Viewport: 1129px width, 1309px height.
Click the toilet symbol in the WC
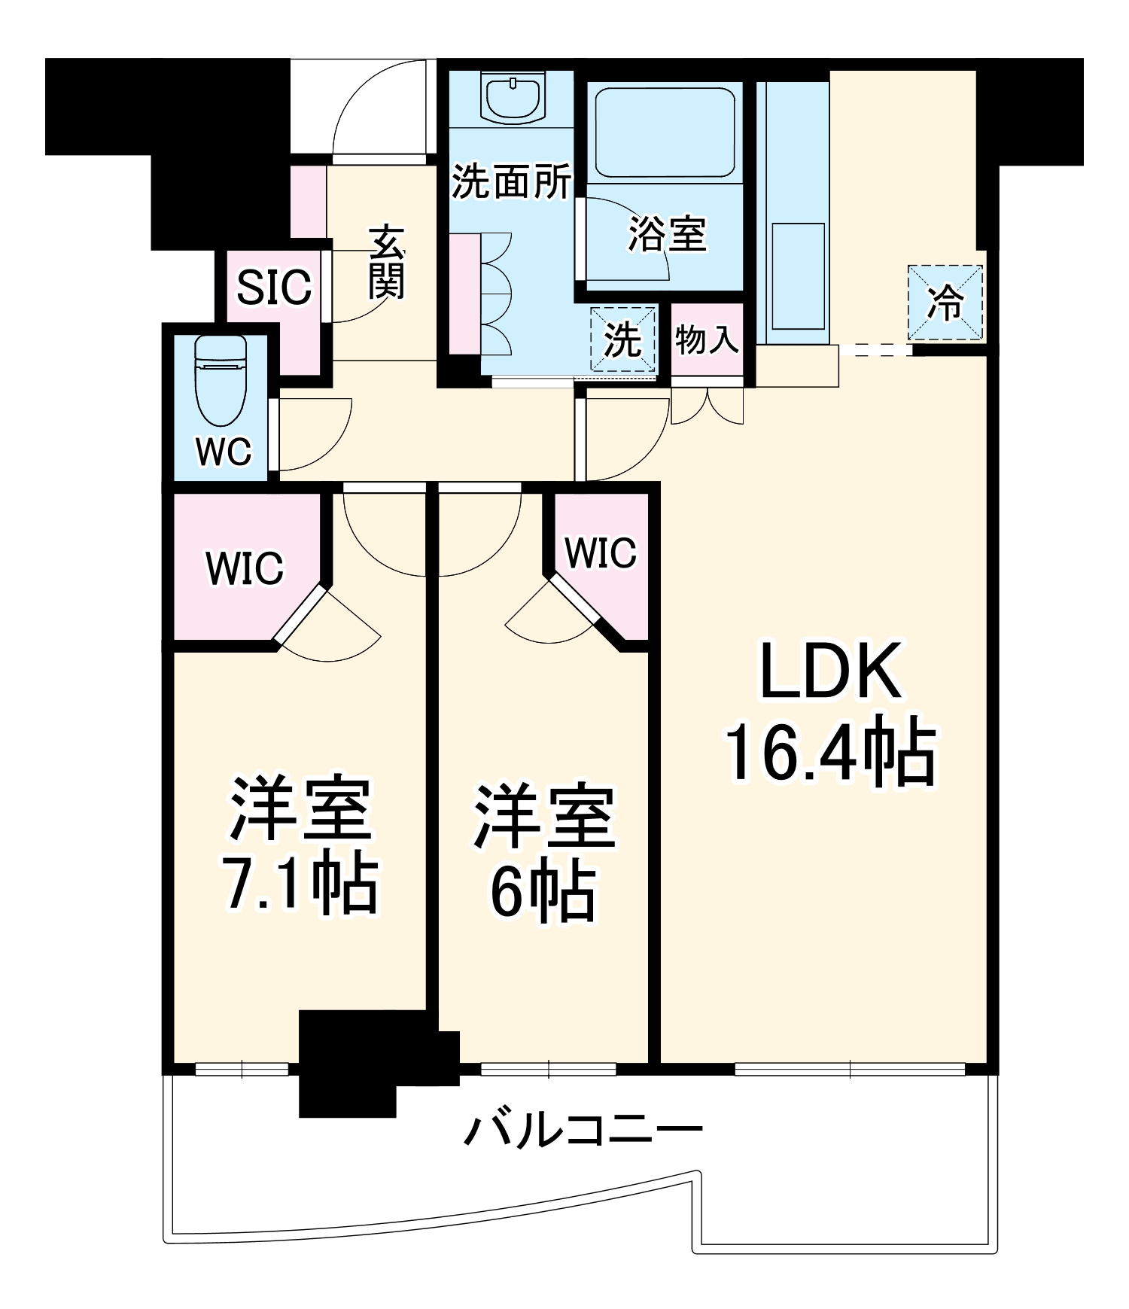click(x=221, y=383)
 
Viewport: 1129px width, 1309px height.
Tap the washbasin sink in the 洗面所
click(x=513, y=99)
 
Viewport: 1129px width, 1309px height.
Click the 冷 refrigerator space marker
click(x=945, y=303)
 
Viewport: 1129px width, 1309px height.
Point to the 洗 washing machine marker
click(x=623, y=339)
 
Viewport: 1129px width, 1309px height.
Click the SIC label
click(x=274, y=287)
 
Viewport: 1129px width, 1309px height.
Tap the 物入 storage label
click(x=707, y=339)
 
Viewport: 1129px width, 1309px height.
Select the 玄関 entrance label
click(x=387, y=261)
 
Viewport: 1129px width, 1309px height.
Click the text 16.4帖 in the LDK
click(x=830, y=754)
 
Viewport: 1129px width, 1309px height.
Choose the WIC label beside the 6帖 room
click(x=600, y=553)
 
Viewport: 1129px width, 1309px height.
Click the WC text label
click(x=223, y=452)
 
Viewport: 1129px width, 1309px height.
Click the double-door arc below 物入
click(x=708, y=407)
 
